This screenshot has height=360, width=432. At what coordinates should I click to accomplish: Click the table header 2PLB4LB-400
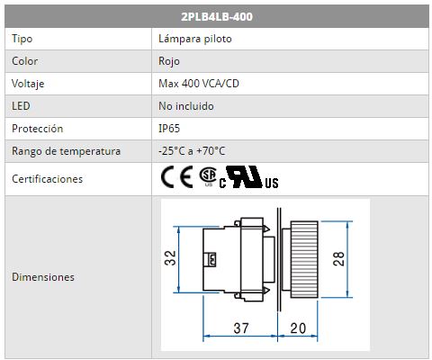[x=217, y=16]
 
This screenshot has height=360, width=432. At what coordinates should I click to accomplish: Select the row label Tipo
[x=22, y=39]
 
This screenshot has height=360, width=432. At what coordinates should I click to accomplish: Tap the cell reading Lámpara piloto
[x=195, y=39]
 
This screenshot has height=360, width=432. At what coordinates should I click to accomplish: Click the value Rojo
[x=169, y=61]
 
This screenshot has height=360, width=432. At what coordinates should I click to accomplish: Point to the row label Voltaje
[x=28, y=84]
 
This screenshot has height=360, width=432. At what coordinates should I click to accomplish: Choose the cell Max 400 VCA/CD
[x=199, y=84]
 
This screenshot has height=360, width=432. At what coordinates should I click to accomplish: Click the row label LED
[x=21, y=106]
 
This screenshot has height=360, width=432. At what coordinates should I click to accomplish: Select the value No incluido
[x=186, y=106]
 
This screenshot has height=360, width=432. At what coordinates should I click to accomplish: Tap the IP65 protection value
[x=169, y=129]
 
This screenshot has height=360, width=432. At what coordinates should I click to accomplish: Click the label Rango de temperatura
[x=66, y=151]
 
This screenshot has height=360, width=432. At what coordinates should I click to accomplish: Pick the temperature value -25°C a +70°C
[x=192, y=150]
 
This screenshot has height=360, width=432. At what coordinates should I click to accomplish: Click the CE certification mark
[x=177, y=177]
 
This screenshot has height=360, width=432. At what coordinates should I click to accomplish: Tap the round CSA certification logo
[x=208, y=175]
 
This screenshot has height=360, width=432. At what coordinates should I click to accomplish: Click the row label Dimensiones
[x=43, y=277]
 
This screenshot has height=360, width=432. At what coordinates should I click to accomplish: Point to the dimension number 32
[x=170, y=258]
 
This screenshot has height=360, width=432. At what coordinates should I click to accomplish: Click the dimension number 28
[x=338, y=259]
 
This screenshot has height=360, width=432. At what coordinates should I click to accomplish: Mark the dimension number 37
[x=241, y=328]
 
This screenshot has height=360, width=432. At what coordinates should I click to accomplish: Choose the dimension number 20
[x=298, y=328]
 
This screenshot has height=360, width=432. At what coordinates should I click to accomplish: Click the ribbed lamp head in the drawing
[x=304, y=259]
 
